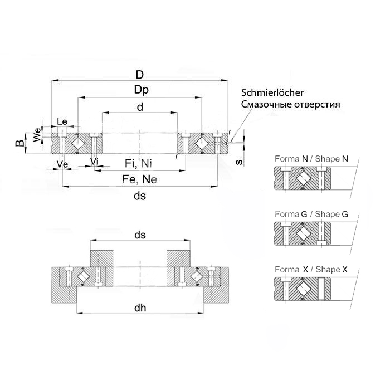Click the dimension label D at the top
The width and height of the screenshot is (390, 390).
(140, 74)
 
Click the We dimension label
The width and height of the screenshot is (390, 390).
(37, 135)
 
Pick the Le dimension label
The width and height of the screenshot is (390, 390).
(62, 121)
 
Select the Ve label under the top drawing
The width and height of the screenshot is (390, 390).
(63, 164)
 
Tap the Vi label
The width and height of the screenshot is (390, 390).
(95, 162)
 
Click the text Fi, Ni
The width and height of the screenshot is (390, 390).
(138, 163)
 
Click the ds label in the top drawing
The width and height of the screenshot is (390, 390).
(140, 196)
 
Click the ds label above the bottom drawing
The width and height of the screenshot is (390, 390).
(140, 235)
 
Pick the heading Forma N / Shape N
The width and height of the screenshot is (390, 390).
(311, 159)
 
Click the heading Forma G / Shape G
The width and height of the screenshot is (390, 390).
(311, 214)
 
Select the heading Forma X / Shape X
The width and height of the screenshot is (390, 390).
(311, 269)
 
